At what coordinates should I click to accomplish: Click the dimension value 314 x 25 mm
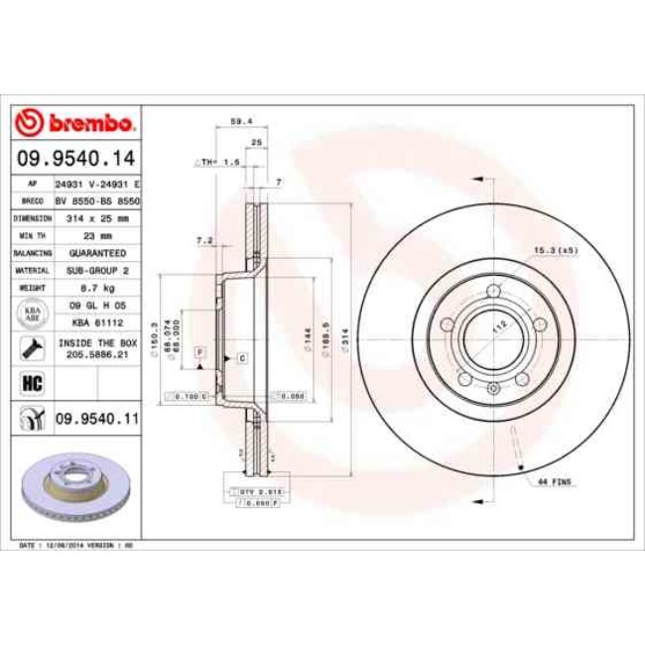97,216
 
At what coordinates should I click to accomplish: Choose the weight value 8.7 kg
97,288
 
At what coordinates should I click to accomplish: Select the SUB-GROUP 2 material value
97,270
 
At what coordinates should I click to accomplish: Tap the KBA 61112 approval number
97,322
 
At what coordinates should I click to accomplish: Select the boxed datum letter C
241,356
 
